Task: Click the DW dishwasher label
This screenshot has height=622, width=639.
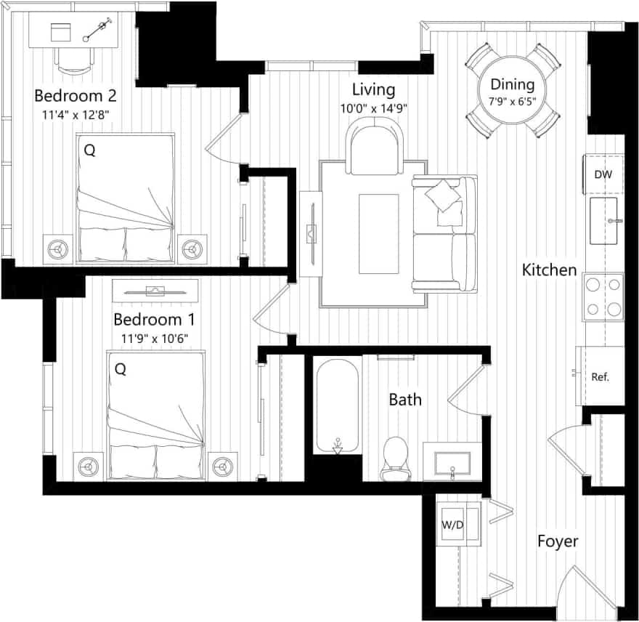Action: (603, 174)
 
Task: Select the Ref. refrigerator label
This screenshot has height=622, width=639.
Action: (600, 377)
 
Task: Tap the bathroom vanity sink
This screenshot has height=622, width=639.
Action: (452, 461)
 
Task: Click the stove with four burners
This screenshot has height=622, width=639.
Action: (603, 296)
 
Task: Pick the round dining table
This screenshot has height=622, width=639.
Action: (512, 91)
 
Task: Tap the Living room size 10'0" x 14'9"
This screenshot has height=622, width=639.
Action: (373, 108)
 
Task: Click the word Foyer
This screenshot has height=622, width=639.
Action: (558, 541)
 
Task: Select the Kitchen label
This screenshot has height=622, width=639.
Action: (550, 270)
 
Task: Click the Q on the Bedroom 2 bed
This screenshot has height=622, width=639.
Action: (89, 150)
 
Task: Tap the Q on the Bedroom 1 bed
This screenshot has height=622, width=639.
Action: (121, 369)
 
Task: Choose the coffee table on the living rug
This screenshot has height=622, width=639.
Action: (378, 223)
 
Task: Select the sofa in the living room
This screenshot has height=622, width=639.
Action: (444, 233)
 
